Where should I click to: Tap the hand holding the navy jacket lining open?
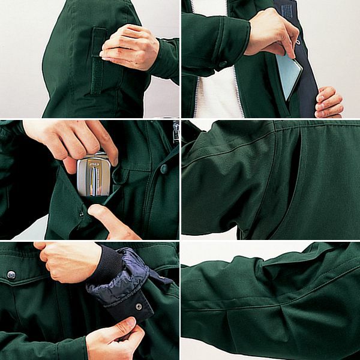329,102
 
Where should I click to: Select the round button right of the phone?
163,169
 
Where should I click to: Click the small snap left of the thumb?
82,213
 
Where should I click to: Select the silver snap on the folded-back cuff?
139,306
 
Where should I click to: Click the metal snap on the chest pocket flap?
11,274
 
